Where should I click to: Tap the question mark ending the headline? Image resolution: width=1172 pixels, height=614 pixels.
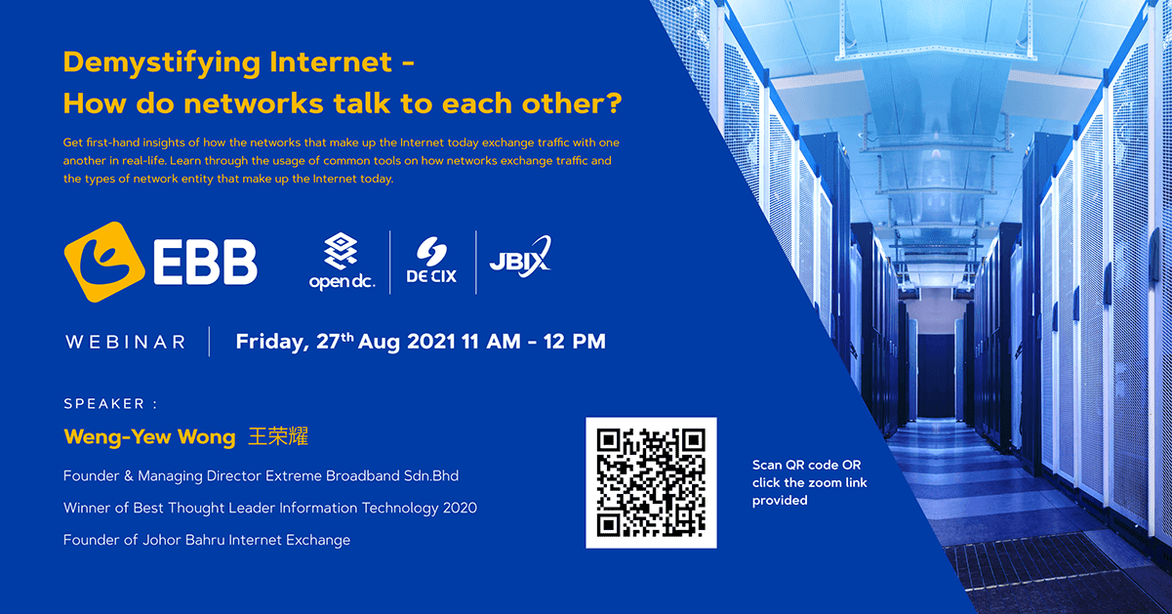coord(614,102)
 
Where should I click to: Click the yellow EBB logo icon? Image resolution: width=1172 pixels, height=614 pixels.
coord(104,262)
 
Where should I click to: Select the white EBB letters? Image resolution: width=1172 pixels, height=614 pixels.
coord(205,263)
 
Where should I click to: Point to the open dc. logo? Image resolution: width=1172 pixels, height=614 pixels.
coord(343,261)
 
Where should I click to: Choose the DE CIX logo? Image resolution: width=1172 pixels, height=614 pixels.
coord(431,261)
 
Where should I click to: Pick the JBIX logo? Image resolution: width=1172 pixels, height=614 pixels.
coord(520,257)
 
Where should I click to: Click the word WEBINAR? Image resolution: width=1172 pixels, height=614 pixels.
coord(126,342)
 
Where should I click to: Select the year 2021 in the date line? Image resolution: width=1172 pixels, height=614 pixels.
coord(431,342)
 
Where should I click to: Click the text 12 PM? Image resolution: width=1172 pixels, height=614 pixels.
coord(574,342)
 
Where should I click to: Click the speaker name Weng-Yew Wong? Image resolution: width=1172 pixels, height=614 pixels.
coord(149,436)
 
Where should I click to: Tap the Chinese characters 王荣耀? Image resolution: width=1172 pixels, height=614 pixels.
coord(278,436)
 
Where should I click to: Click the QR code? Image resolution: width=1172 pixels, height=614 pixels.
coord(652,482)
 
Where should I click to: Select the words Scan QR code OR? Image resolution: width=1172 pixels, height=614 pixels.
coord(806,465)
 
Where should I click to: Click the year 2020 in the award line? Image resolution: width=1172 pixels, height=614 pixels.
coord(460,508)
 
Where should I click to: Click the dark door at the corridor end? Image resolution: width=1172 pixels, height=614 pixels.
coord(936,375)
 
